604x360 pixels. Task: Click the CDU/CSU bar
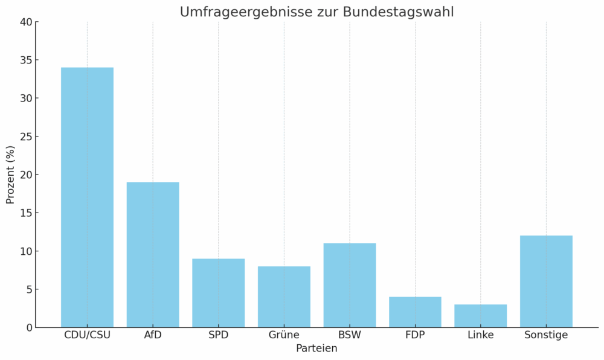pos(87,198)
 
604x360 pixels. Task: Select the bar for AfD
pos(153,254)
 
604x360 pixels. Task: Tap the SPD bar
pos(218,293)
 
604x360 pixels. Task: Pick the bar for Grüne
pos(284,297)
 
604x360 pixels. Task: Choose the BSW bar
pos(350,285)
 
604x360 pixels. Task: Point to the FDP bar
pos(415,312)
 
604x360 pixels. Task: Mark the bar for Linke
pos(481,316)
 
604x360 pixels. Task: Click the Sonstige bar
pos(546,281)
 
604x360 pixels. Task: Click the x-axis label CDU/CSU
pos(87,335)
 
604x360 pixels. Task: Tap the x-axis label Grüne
pos(284,335)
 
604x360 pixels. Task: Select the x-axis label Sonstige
pos(546,335)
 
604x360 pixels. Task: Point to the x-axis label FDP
pos(415,335)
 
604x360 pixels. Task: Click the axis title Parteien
pos(316,349)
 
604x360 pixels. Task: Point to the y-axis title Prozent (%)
pos(10,175)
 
